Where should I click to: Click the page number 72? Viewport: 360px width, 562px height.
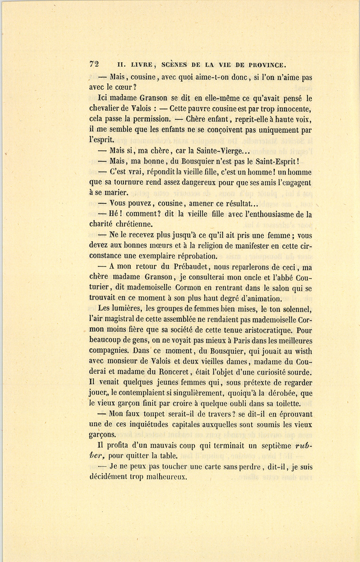(94, 64)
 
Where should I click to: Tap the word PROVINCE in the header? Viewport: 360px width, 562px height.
(266, 65)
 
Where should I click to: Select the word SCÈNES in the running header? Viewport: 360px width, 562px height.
(174, 65)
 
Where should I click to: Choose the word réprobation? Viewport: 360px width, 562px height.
(193, 256)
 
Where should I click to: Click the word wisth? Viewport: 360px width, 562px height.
(304, 351)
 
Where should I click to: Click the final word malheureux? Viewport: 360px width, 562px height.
(167, 477)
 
